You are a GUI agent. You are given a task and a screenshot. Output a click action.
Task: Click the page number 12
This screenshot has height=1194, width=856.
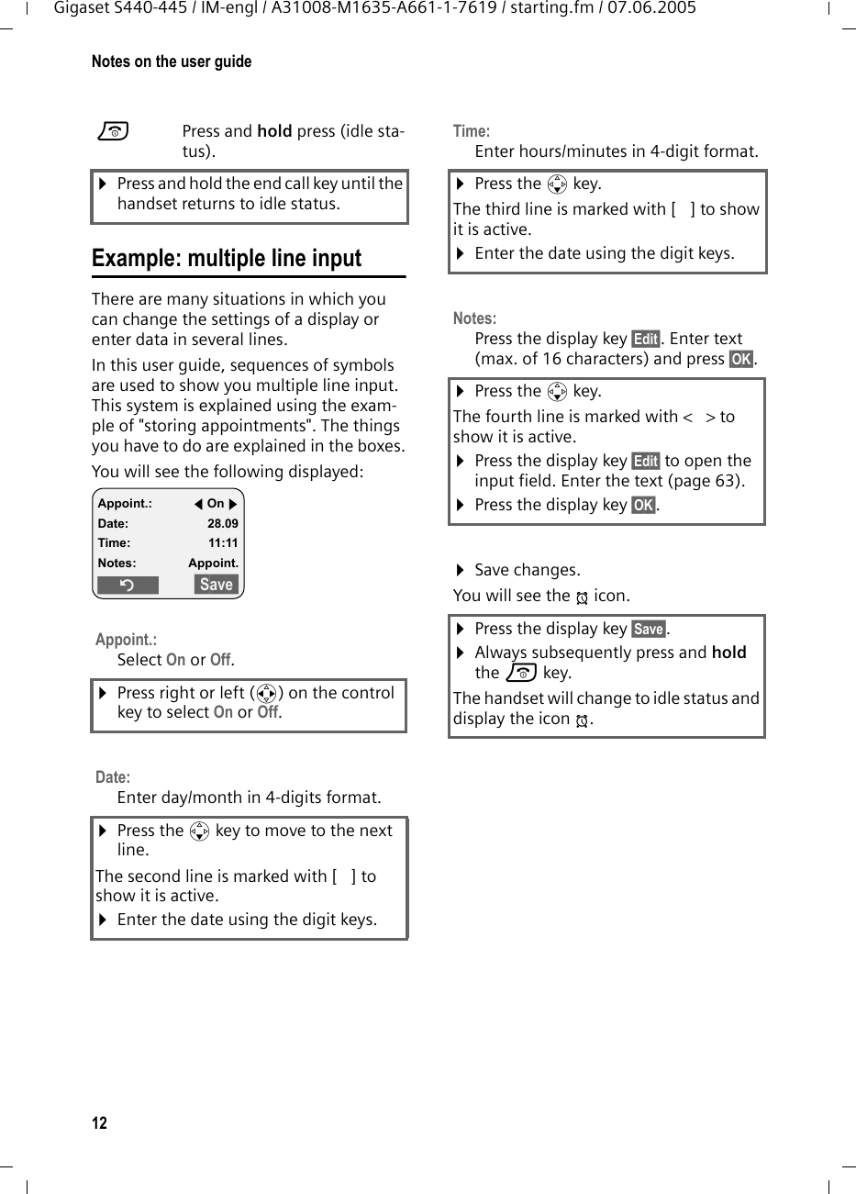tap(99, 1123)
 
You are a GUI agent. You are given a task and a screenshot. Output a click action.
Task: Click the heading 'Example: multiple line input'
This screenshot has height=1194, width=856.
tap(227, 259)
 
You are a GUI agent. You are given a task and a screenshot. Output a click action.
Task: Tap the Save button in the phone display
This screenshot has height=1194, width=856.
tap(217, 585)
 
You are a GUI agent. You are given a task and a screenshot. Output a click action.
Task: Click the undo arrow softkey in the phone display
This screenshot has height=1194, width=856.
tap(128, 585)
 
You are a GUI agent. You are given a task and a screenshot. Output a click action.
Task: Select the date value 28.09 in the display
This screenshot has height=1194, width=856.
tap(222, 523)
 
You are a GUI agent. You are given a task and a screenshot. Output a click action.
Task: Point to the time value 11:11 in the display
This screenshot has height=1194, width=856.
tap(222, 542)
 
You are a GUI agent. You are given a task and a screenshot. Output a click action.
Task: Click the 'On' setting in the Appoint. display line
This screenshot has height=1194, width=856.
tap(216, 503)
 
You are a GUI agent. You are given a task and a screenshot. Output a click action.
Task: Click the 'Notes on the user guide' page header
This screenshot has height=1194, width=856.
tap(172, 61)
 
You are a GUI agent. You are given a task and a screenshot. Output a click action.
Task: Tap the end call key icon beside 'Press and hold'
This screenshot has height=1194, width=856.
tap(114, 132)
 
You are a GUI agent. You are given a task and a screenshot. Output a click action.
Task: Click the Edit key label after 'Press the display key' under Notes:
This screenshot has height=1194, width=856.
tap(646, 339)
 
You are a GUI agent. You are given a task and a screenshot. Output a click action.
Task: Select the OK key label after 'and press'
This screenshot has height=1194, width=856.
tap(740, 359)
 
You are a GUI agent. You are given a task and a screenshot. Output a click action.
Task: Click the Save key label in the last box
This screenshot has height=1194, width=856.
tap(649, 629)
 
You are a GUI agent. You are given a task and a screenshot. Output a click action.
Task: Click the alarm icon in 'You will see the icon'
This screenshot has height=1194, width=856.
tap(582, 597)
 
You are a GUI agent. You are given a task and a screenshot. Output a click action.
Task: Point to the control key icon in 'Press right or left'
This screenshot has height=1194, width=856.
tap(267, 694)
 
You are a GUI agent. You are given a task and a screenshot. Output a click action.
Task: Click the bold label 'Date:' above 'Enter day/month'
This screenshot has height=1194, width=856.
tap(113, 777)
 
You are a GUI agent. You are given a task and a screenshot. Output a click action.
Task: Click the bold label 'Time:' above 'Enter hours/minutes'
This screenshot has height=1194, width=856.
tap(472, 131)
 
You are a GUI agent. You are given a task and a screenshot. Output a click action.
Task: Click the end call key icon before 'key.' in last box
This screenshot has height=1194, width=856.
tap(520, 673)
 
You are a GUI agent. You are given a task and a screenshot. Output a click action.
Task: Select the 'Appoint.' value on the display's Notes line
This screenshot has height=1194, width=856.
tap(213, 563)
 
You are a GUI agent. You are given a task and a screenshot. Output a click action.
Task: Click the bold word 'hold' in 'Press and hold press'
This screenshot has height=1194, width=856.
tap(274, 130)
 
